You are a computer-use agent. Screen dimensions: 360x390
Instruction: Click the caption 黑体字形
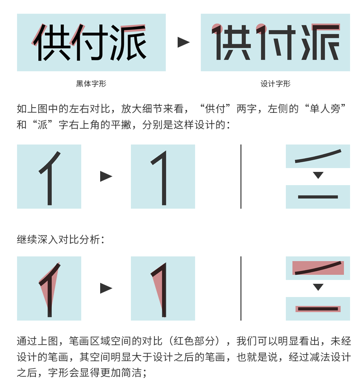click(91, 84)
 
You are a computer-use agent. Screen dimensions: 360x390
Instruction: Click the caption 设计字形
click(275, 84)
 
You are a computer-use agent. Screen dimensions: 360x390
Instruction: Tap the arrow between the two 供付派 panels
click(184, 42)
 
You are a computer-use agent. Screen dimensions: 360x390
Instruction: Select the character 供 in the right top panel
click(231, 42)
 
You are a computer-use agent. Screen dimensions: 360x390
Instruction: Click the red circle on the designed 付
click(261, 28)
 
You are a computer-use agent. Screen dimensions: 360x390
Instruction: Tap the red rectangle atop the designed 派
click(326, 27)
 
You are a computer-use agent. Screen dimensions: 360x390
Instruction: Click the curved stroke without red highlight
click(318, 156)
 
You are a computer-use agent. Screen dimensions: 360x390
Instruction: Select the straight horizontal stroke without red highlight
click(318, 197)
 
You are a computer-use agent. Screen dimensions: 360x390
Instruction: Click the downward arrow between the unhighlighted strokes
click(318, 175)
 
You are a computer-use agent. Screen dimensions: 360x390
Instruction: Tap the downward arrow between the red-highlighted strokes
click(318, 287)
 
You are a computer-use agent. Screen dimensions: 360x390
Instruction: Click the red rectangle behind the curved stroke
click(318, 268)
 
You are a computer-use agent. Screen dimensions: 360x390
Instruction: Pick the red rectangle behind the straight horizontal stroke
click(318, 309)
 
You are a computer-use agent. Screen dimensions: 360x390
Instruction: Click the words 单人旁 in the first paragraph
click(325, 109)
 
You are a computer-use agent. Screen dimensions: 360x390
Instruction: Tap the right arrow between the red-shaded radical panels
click(106, 288)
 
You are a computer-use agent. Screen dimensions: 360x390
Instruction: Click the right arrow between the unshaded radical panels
click(106, 176)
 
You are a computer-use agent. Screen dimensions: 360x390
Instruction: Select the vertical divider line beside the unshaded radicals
click(241, 176)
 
